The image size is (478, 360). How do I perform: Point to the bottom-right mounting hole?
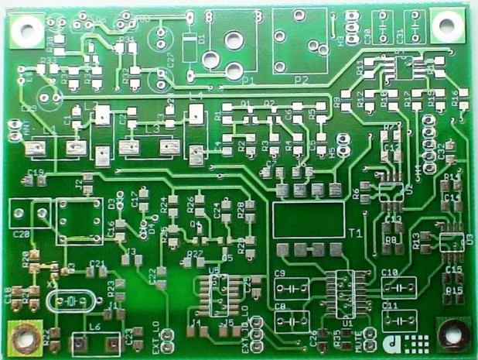[x=449, y=334]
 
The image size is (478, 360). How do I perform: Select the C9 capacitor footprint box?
[x=290, y=286]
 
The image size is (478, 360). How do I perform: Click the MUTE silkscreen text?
[x=360, y=338]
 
